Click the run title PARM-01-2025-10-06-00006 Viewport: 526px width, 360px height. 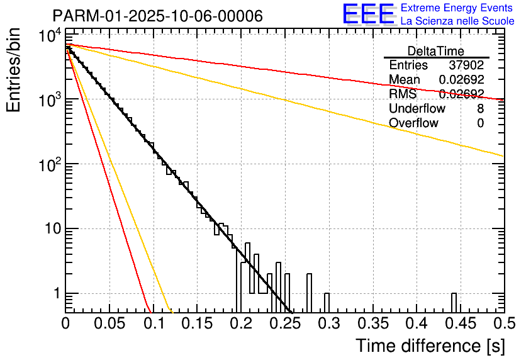click(x=157, y=16)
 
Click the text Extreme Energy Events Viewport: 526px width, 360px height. click(x=457, y=8)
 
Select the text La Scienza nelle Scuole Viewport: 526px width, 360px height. click(x=457, y=21)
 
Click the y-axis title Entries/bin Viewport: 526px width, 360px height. click(x=13, y=70)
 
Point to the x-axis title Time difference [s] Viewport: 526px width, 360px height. click(x=428, y=346)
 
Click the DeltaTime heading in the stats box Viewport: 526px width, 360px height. click(x=436, y=51)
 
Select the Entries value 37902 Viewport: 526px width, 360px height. click(x=466, y=65)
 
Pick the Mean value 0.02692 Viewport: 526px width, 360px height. click(x=461, y=80)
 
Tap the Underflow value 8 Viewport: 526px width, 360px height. click(x=480, y=109)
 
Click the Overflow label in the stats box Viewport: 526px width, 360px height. click(x=413, y=123)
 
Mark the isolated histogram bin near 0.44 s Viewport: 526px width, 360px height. click(x=454, y=303)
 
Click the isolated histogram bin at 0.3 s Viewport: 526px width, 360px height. click(x=326, y=303)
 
